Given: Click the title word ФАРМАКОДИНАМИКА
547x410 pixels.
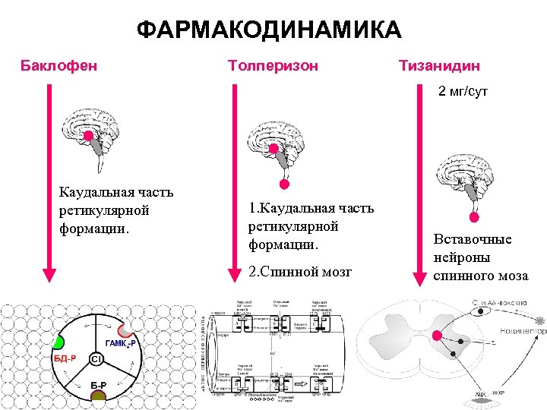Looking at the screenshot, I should point(270,30).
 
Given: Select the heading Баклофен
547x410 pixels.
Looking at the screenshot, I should point(58,65).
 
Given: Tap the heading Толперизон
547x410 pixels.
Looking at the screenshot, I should point(273,65).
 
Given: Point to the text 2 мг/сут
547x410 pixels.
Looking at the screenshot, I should point(462,91).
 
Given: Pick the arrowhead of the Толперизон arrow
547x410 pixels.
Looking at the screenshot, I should point(235,275).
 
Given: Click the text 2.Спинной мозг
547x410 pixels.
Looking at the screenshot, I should point(300,271).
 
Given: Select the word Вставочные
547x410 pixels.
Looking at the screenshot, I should point(472,239).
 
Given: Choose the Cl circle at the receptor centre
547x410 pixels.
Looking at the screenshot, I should point(97,358).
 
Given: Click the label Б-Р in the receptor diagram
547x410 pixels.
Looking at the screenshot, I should point(98,385).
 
